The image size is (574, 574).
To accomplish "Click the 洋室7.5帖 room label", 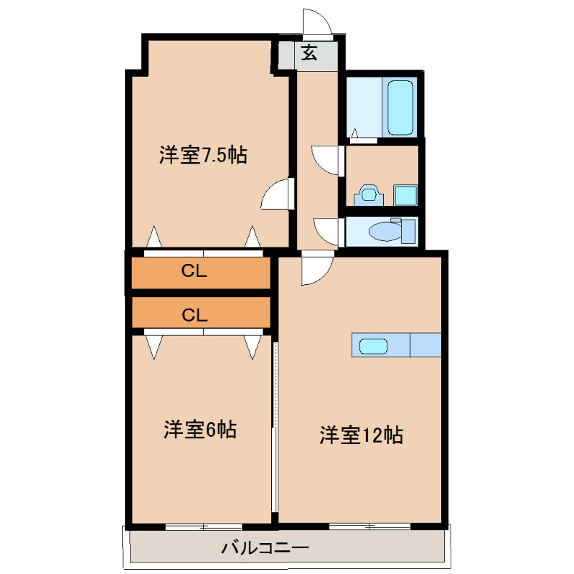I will (x=203, y=155).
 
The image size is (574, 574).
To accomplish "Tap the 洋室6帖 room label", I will (x=200, y=430).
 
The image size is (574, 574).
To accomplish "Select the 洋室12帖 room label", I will (x=360, y=435).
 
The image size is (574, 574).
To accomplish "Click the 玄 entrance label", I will (x=309, y=53).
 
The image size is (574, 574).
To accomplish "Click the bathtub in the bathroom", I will (x=400, y=108).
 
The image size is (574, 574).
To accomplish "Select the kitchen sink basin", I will (x=373, y=346).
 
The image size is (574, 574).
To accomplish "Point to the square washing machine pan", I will (x=405, y=195).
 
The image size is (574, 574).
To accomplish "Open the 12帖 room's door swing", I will (x=316, y=270).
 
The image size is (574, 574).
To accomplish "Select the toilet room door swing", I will (x=327, y=230).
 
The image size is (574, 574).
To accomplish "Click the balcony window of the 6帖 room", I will (x=203, y=527).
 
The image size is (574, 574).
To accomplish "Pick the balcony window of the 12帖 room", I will (x=370, y=527).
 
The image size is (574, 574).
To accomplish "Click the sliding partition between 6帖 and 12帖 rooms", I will (x=274, y=427).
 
